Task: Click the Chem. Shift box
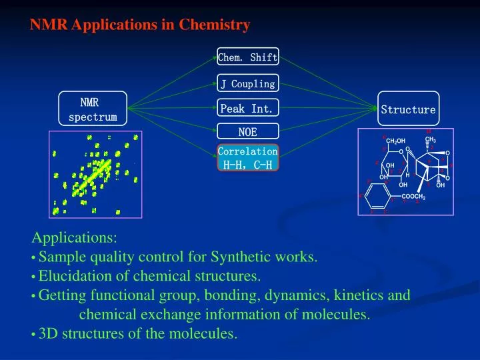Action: [247, 57]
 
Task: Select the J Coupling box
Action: [247, 84]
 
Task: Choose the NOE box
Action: [247, 132]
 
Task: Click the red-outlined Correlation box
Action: [247, 157]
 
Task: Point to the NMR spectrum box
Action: [93, 109]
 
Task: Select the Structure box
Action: [408, 109]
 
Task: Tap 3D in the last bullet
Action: [48, 334]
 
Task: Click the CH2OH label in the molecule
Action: [396, 141]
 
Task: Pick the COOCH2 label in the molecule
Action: [417, 195]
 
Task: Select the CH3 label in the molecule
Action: [430, 140]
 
